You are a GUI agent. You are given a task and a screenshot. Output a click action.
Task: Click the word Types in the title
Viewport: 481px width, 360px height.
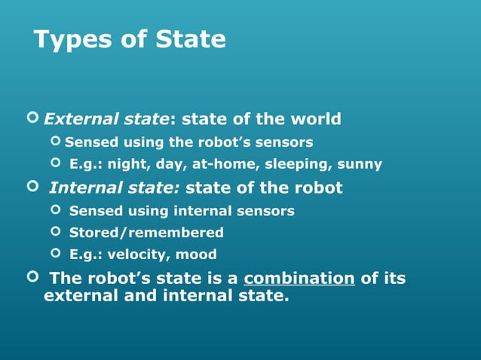click(72, 39)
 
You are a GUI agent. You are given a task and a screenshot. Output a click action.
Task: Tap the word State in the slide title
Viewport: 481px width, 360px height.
click(191, 39)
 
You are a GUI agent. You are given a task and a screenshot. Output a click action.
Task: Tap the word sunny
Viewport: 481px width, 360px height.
click(360, 164)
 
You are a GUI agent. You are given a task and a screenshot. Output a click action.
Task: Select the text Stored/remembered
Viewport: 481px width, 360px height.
click(146, 233)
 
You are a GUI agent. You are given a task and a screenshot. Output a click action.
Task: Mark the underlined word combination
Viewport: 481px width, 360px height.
click(299, 279)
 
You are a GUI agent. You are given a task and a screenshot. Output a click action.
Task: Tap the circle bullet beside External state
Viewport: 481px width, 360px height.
click(32, 117)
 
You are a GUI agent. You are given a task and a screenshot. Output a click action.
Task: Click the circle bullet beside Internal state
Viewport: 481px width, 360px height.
click(32, 186)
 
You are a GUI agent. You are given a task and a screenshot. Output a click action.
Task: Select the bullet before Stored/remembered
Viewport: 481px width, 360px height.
click(54, 232)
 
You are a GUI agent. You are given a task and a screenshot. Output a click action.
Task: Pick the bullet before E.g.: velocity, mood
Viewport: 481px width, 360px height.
click(54, 254)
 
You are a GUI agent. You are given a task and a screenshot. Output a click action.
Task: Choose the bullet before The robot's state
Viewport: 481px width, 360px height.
click(32, 277)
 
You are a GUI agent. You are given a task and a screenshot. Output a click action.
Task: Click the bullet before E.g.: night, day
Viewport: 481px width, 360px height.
click(54, 163)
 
